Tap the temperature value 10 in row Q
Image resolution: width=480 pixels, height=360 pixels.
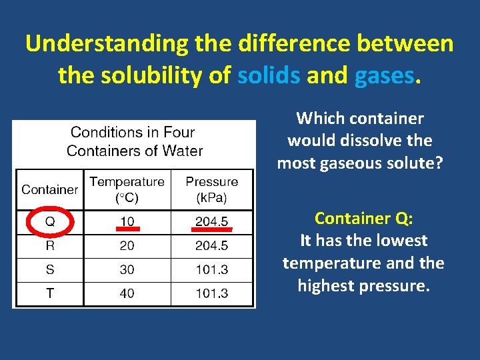click(127, 221)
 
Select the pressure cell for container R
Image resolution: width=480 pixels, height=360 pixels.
click(212, 246)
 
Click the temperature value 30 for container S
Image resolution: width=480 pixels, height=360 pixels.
click(127, 269)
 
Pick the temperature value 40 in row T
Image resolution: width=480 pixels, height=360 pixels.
click(127, 293)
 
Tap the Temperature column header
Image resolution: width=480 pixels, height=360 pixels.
click(127, 189)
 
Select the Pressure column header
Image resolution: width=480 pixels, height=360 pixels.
click(212, 189)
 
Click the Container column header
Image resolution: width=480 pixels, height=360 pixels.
click(49, 189)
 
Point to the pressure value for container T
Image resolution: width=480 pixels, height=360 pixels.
click(212, 293)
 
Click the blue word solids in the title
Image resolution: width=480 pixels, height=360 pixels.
click(269, 76)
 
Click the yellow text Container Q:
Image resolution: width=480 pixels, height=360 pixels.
click(363, 218)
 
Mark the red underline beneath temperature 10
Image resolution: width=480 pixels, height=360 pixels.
click(127, 230)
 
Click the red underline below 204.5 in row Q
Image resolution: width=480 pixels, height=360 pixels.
click(212, 230)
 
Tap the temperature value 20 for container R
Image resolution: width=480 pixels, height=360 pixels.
click(127, 246)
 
